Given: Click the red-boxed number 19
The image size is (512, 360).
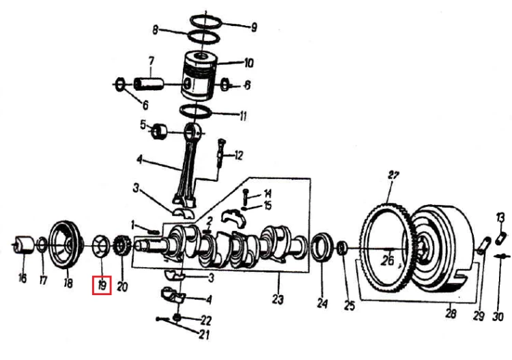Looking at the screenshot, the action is coord(102,286).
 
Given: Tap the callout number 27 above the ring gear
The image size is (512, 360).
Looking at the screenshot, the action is coord(393,176).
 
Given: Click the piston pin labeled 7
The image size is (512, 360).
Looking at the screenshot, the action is coord(149,83).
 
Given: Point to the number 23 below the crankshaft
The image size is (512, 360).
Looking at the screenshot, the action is coord(278,299).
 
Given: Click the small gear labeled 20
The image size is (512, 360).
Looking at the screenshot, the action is coord(122,245).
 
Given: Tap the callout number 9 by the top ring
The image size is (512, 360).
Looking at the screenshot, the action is coord(254,27).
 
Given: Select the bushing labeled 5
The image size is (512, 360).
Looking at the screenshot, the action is coord(159,131).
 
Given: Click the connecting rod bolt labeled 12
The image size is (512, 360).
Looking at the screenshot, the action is coord(221,153).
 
